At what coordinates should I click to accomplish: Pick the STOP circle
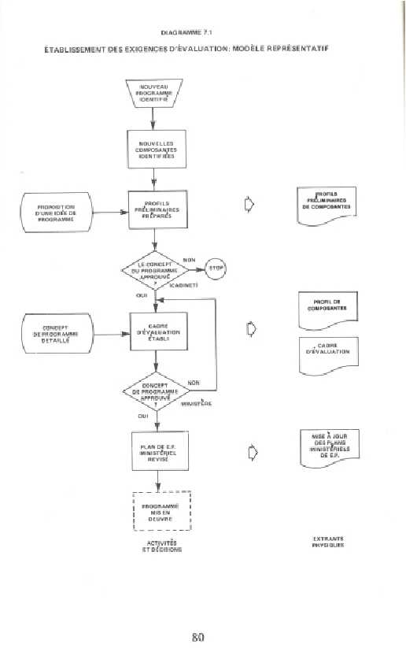coord(216,268)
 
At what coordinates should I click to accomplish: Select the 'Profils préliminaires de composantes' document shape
coord(327,204)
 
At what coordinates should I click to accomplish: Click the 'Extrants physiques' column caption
coord(327,542)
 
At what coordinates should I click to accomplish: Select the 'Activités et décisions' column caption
coord(160,546)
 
